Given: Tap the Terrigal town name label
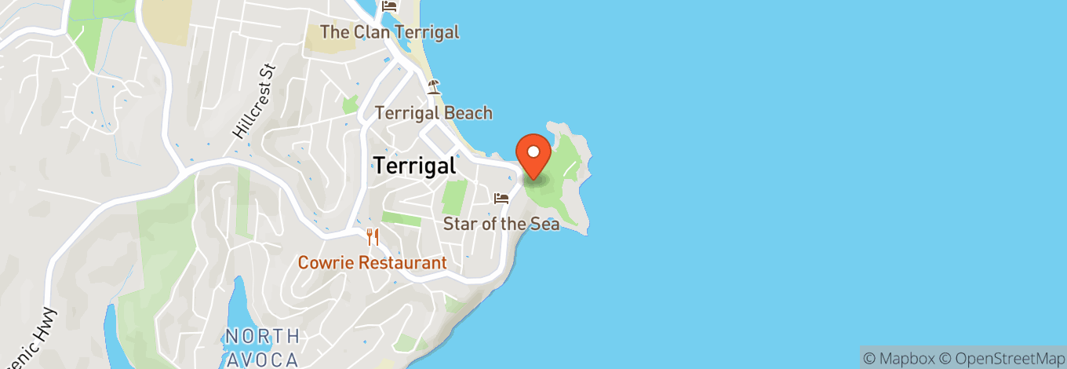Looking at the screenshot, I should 414,166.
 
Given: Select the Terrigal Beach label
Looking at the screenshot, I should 433,113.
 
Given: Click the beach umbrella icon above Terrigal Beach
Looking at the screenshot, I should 433,86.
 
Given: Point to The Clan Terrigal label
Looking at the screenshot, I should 389,32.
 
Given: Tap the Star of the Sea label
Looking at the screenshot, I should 501,224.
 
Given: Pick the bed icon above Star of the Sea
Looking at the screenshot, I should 501,199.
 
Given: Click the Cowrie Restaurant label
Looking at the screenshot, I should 372,263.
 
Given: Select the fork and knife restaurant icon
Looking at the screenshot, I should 373,237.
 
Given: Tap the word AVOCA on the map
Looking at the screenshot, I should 261,360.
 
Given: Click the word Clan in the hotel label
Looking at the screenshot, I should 370,32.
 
